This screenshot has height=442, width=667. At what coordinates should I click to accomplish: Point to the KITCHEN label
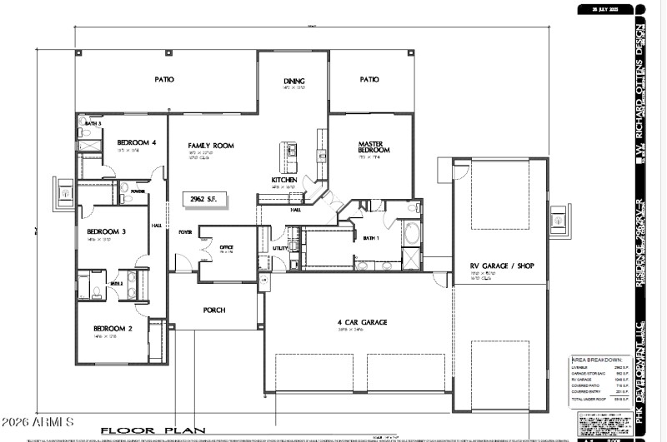click(284, 180)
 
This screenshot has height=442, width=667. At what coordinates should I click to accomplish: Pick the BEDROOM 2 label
click(113, 328)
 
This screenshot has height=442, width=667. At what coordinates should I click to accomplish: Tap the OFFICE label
click(226, 247)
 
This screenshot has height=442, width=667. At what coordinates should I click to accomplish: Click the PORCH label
click(214, 310)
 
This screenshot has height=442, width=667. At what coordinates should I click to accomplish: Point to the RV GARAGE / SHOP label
click(502, 266)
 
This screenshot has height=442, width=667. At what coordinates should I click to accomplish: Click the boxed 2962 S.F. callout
click(204, 200)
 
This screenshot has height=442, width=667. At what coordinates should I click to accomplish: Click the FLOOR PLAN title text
click(153, 430)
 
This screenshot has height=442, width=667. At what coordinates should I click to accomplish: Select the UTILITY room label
click(280, 248)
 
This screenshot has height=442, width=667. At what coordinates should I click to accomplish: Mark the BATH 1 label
click(371, 238)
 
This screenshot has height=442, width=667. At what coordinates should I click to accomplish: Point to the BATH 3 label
click(93, 123)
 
